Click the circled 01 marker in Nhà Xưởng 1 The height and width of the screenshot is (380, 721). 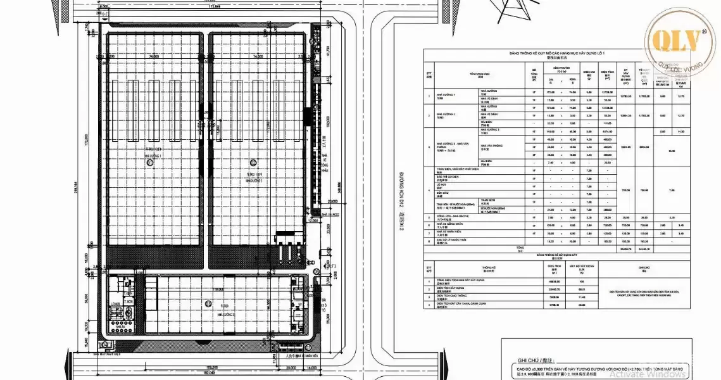click(x=150, y=163)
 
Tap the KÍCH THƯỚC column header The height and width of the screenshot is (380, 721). click(x=558, y=66)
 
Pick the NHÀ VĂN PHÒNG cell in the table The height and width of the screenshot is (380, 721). click(x=448, y=147)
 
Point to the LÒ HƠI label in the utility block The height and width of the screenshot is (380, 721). click(x=117, y=304)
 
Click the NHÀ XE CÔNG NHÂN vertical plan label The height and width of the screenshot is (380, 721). click(x=323, y=161)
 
